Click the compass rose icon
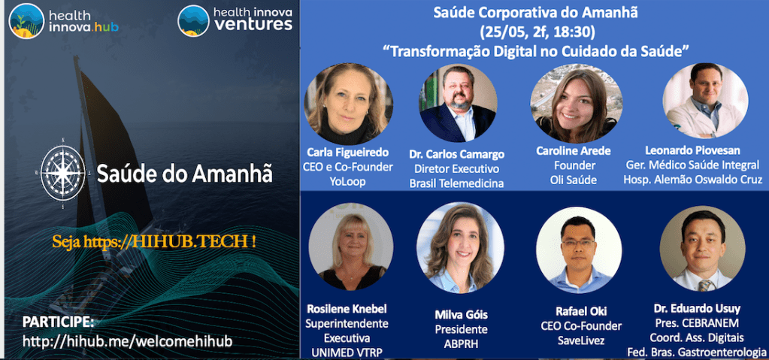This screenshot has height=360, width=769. point(63,173)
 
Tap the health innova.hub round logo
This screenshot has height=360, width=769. point(26,20)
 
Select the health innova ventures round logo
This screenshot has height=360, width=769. point(194,20)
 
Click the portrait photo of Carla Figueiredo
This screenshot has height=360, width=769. point(348,104)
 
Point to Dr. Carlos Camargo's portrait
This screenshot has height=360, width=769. point(458,103)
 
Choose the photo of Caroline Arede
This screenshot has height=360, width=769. point(577,103)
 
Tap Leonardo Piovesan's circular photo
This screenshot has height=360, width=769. point(705,101)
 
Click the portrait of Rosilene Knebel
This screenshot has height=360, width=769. point(350,247)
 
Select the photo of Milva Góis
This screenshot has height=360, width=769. point(460,248)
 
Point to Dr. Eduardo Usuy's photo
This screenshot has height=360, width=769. point(702,249)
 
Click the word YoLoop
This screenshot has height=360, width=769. point(348,183)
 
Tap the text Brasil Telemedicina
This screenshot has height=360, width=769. point(457,183)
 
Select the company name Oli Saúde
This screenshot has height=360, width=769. point(574,180)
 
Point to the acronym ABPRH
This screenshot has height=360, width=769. point(461,343)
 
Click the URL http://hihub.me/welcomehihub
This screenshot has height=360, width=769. point(127,341)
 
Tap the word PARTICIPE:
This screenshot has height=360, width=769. point(58,322)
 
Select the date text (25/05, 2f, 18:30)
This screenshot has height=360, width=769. point(537,32)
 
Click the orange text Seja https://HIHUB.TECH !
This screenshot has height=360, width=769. point(154,241)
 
